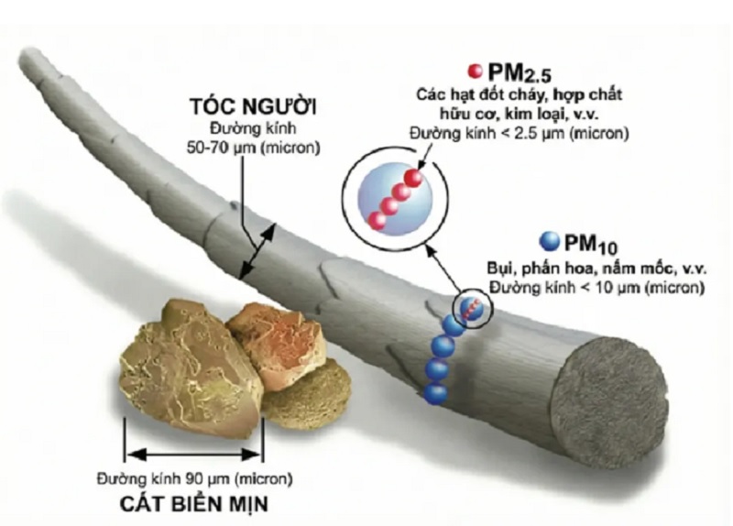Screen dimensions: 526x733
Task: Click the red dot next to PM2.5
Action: pyautogui.click(x=475, y=71)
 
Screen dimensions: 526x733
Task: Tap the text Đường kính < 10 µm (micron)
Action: pyautogui.click(x=596, y=287)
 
